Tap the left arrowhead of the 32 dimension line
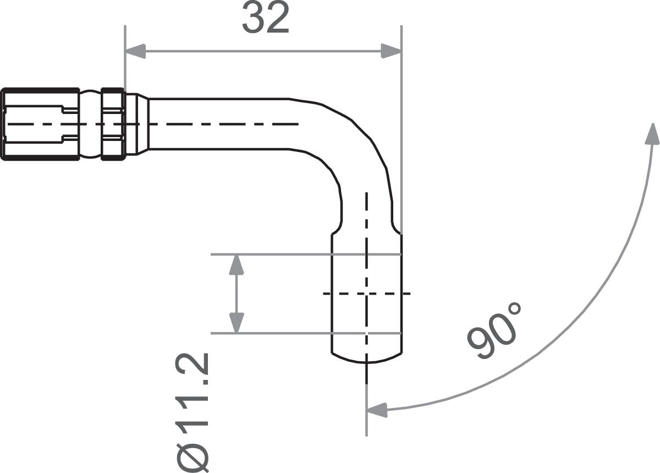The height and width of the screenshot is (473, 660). coord(135,52)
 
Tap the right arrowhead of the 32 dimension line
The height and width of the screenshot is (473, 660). coord(391,52)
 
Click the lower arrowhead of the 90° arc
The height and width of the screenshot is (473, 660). coord(377,409)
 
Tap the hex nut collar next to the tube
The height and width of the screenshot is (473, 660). coord(113,124)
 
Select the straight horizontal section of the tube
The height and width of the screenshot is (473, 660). coord(220,124)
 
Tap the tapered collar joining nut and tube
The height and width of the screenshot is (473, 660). coord(137,124)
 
